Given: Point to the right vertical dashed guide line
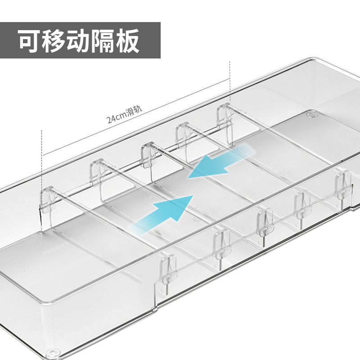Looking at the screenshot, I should click(x=229, y=81).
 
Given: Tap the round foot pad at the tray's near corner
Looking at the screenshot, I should click(x=53, y=351).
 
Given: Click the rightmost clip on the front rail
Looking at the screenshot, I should click(x=342, y=184).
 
